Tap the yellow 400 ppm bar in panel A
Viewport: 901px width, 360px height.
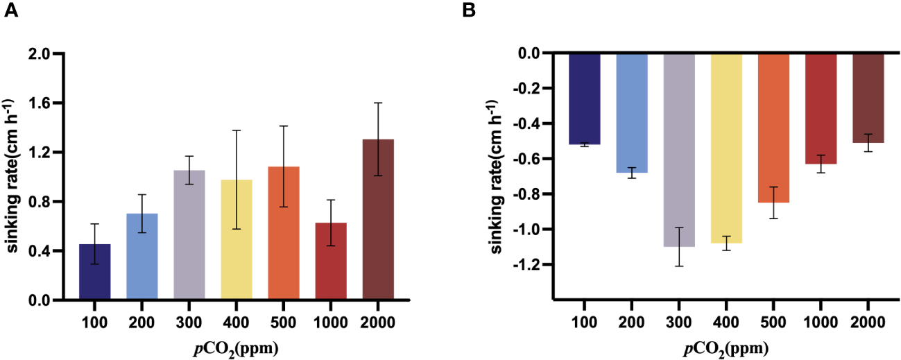click(x=237, y=240)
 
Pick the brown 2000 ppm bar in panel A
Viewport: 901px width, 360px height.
click(x=379, y=220)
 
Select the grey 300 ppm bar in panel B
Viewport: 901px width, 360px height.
click(x=679, y=149)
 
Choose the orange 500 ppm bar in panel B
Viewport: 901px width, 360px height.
click(x=773, y=128)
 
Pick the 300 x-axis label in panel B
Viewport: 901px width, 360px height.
click(x=679, y=322)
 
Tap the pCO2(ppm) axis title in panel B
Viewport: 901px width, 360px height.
click(x=726, y=347)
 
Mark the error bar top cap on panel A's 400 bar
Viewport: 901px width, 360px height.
click(x=237, y=130)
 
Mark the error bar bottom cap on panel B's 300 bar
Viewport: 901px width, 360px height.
click(x=679, y=266)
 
